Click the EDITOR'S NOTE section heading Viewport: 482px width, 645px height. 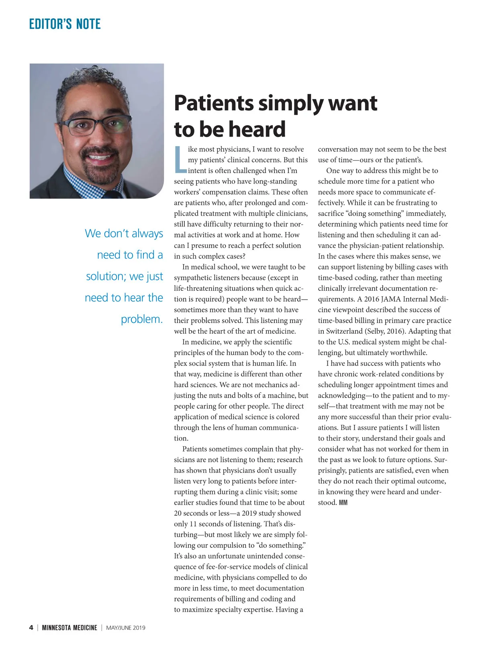coord(65,24)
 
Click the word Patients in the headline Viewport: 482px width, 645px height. coord(214,103)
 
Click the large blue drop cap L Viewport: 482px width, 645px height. coord(180,159)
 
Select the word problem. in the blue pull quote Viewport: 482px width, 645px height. coord(142,319)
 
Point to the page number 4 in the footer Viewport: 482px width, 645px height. coord(31,628)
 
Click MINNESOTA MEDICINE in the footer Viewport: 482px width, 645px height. coord(69,628)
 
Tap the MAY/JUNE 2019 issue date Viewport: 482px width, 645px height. coord(126,628)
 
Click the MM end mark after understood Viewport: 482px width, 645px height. coord(343,502)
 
